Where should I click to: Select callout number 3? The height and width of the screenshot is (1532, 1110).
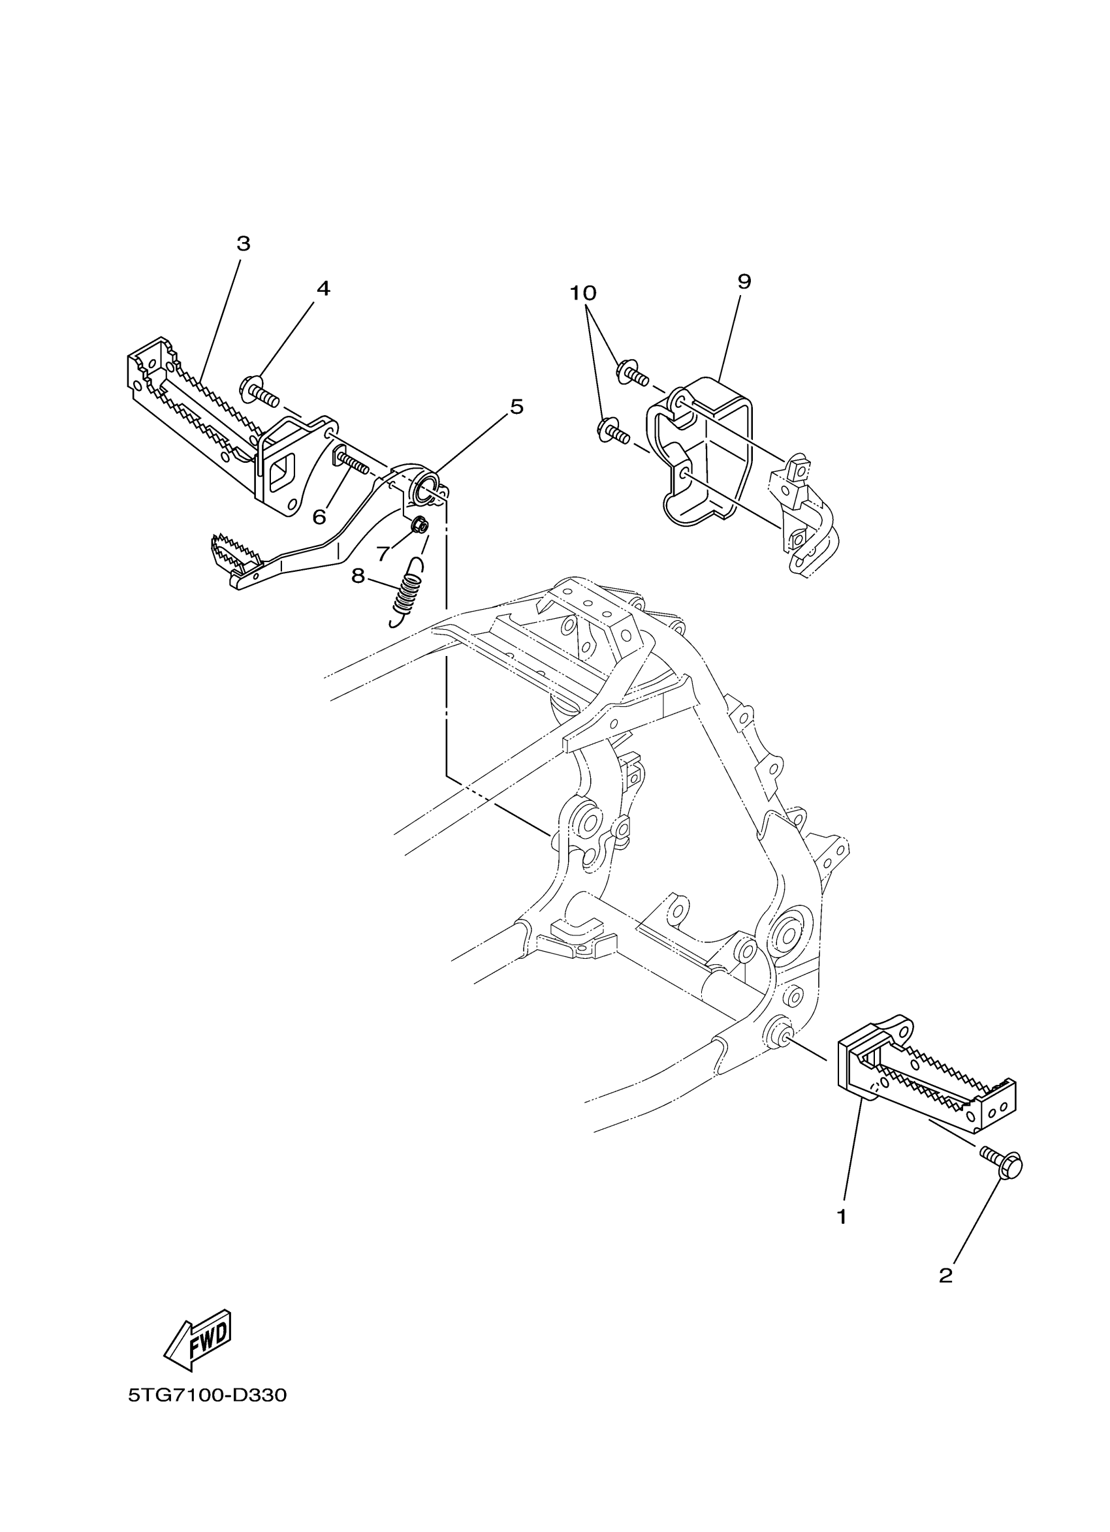(x=243, y=244)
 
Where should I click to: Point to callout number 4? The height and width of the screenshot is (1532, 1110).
(x=324, y=289)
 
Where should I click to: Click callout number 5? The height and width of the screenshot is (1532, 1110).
(x=516, y=407)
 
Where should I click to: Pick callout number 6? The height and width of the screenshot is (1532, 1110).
(x=319, y=518)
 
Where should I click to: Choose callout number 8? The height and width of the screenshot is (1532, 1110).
(x=358, y=576)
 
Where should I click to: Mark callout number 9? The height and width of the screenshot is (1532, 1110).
(x=744, y=282)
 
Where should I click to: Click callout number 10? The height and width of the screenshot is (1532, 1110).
(x=583, y=293)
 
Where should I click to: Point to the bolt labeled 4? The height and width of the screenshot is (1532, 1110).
(x=259, y=392)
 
